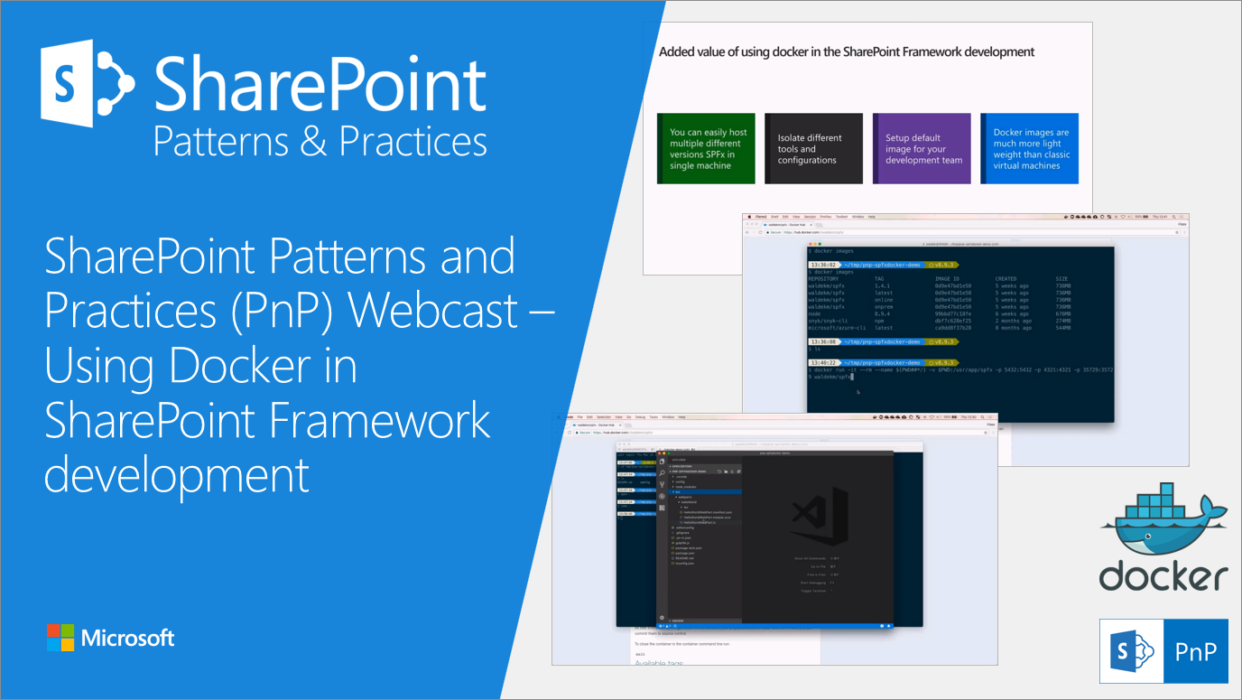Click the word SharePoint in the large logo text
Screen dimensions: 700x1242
(320, 86)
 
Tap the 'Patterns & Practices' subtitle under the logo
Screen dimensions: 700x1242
(320, 142)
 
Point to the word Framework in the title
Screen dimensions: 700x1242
(370, 421)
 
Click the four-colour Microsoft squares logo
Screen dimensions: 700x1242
(60, 638)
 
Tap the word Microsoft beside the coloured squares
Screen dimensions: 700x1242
(127, 639)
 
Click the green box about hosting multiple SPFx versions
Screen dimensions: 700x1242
(706, 149)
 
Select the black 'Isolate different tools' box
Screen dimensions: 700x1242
(813, 149)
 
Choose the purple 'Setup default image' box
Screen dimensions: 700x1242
(922, 149)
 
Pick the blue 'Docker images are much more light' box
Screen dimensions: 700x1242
(1029, 149)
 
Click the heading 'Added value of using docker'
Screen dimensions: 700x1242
(846, 52)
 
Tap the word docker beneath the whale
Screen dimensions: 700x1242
(1163, 575)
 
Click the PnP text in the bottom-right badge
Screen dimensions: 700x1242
(1195, 651)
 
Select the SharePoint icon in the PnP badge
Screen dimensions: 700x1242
(1133, 651)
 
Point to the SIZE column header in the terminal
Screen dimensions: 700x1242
(1062, 279)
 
